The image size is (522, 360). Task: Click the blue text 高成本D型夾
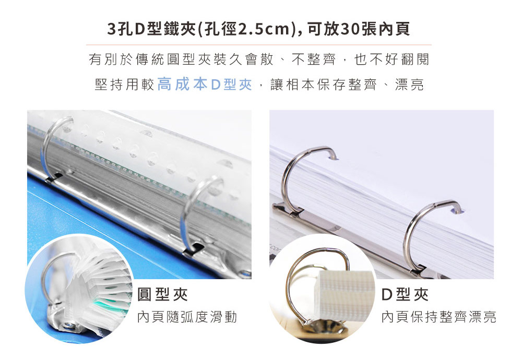(x=205, y=85)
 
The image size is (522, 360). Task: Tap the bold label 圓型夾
(x=163, y=294)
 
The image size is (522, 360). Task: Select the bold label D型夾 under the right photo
(x=405, y=294)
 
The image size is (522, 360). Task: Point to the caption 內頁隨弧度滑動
(x=187, y=317)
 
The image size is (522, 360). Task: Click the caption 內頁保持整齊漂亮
(x=439, y=317)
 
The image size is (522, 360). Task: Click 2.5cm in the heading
(x=264, y=29)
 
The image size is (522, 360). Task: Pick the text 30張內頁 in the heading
(x=376, y=29)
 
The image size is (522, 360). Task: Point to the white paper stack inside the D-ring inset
(x=345, y=295)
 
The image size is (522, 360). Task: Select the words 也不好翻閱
(x=392, y=59)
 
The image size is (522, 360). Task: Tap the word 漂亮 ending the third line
(x=409, y=85)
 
